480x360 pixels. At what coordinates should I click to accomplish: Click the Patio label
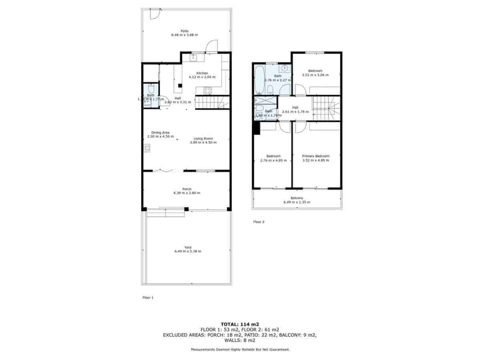[x=184, y=31]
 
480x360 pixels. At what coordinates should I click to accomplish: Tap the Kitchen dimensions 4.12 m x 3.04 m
[x=202, y=77]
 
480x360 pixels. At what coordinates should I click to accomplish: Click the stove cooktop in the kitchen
[x=208, y=90]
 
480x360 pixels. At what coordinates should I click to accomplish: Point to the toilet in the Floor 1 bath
[x=151, y=88]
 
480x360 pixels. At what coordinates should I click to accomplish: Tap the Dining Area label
[x=160, y=132]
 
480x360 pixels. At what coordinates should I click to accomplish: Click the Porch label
[x=186, y=189]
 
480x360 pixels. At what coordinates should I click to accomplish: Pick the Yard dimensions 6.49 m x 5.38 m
[x=188, y=251]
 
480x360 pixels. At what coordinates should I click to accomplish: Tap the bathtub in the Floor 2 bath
[x=258, y=79]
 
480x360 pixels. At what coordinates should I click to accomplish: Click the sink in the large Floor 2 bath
[x=284, y=69]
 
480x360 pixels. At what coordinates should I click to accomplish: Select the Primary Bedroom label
[x=316, y=156]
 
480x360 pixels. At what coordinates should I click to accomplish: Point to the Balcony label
[x=297, y=198]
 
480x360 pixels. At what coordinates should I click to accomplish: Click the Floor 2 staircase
[x=326, y=108]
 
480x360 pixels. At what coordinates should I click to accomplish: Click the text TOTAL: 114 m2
[x=240, y=324]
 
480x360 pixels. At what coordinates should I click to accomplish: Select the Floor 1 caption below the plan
[x=148, y=298]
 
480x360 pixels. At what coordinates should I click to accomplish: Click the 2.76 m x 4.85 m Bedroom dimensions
[x=274, y=160]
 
